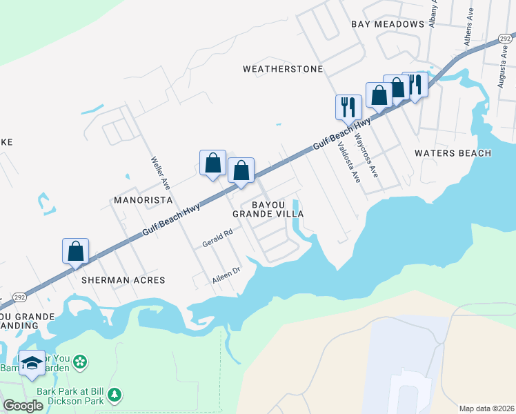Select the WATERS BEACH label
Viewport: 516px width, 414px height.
point(453,153)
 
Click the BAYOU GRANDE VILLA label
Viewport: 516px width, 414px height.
point(268,210)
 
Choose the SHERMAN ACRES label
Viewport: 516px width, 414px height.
point(123,280)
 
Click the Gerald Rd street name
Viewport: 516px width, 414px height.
point(217,239)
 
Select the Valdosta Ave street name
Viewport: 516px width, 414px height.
point(348,162)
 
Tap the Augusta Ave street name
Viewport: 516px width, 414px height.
point(502,74)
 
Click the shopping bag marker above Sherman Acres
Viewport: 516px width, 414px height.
point(76,252)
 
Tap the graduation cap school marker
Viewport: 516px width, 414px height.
point(32,365)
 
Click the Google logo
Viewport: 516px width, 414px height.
point(23,406)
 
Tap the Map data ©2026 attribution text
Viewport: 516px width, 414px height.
point(486,408)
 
